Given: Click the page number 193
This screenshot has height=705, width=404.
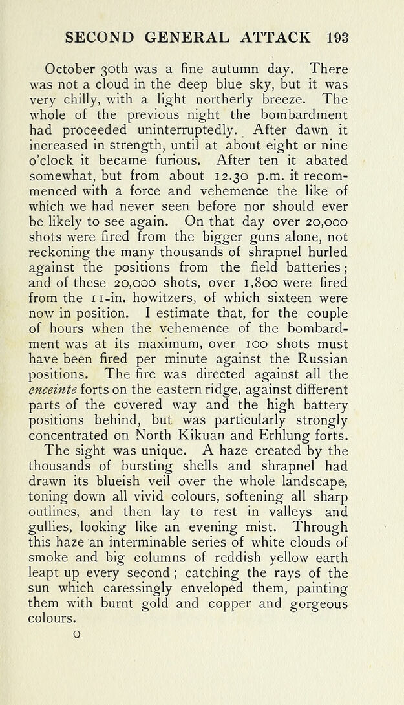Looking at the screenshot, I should pos(337,37).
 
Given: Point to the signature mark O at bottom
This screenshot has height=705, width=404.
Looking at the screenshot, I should pos(76,635).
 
